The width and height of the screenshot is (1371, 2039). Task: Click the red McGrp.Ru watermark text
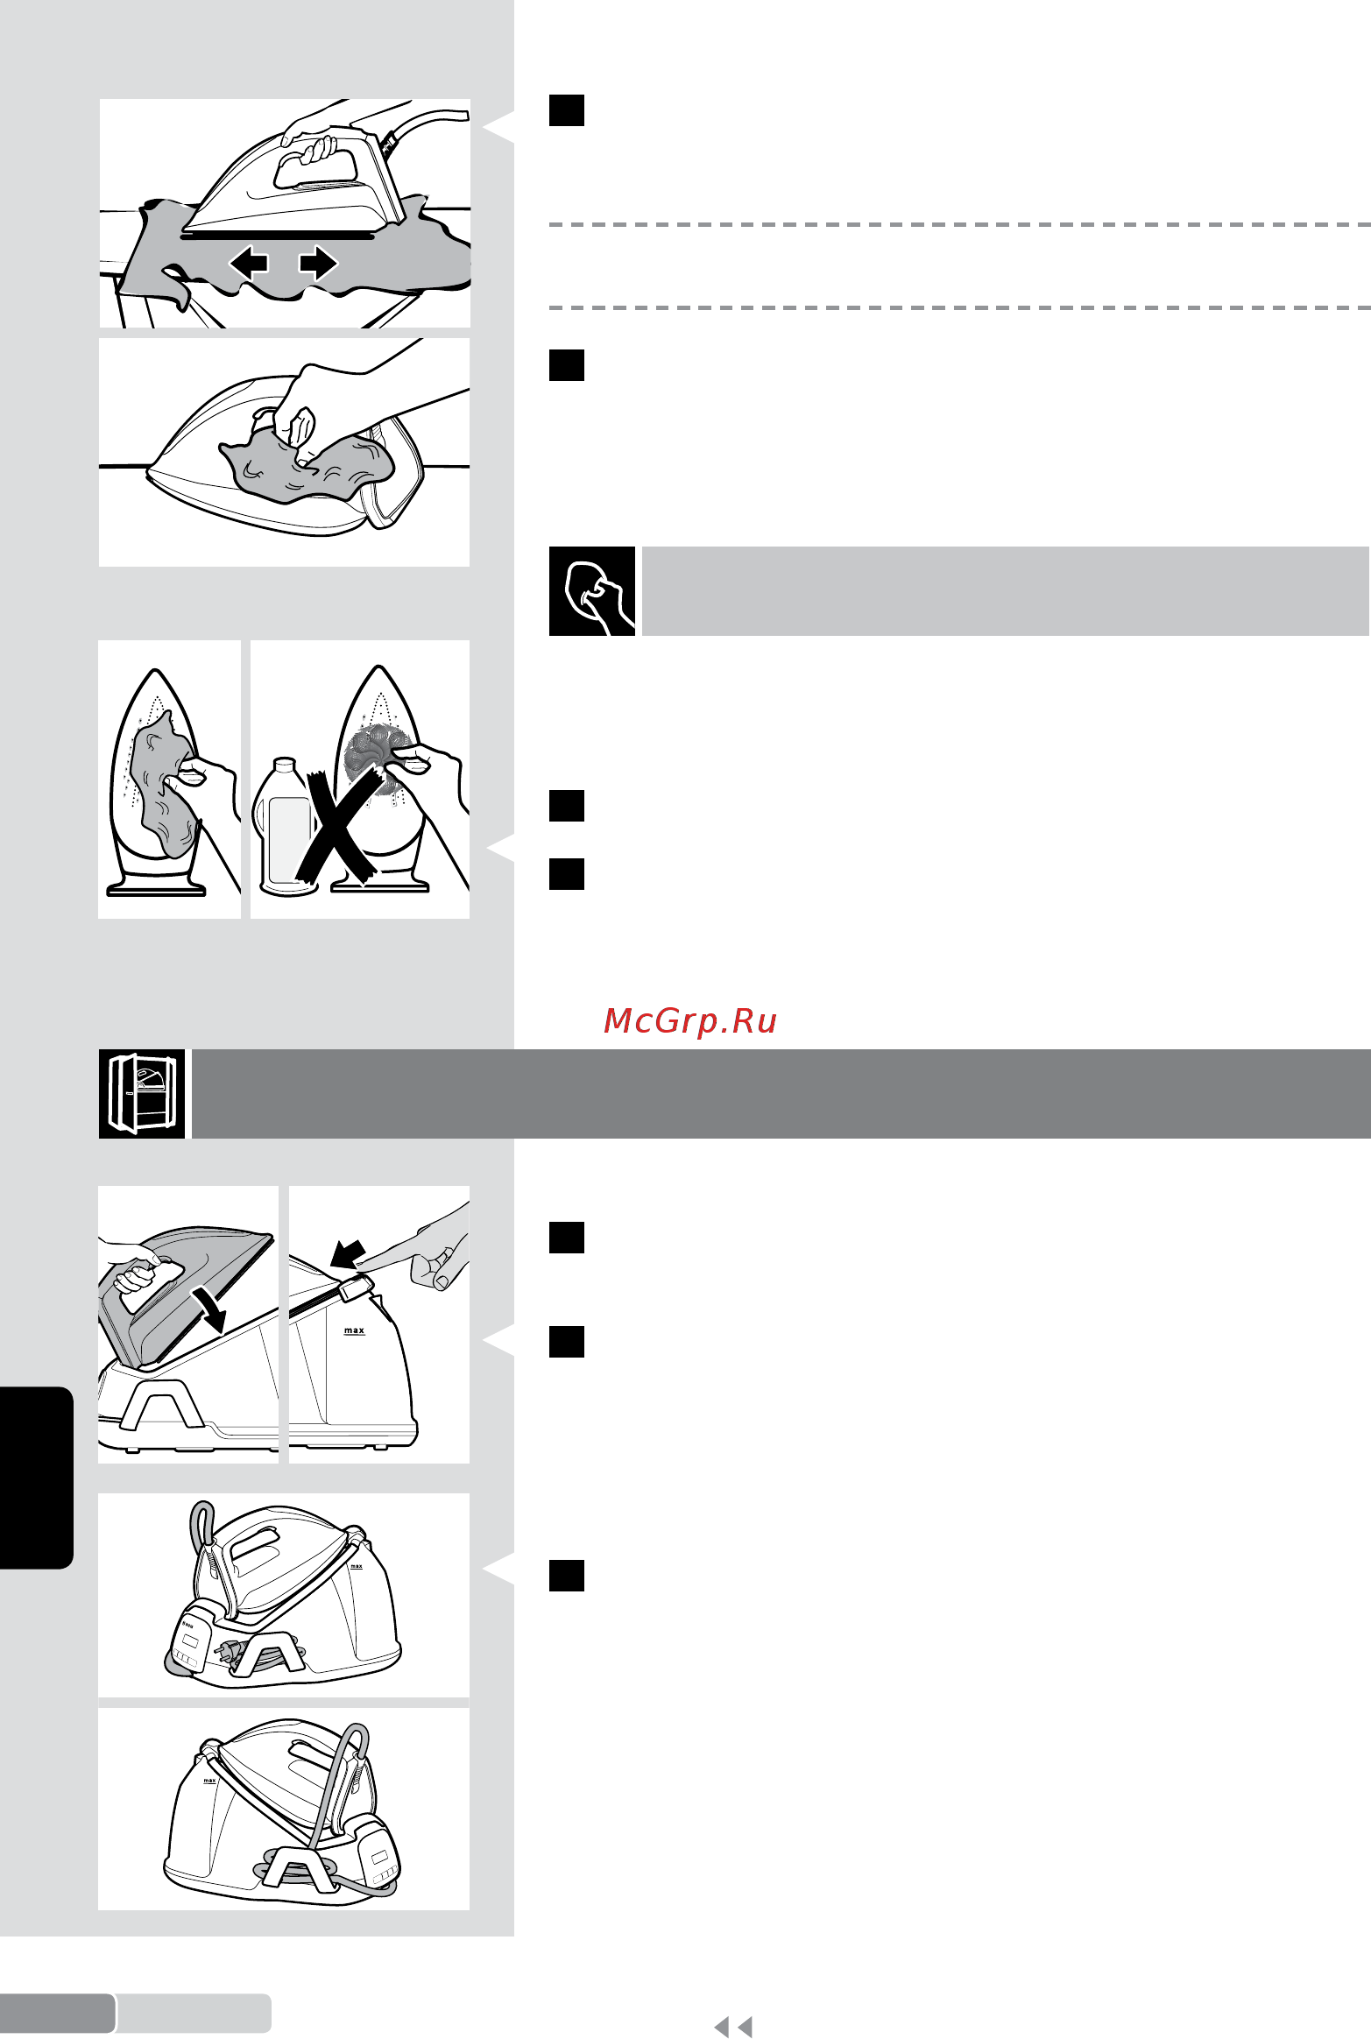click(690, 1021)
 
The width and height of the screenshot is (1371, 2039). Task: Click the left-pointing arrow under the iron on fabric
click(248, 262)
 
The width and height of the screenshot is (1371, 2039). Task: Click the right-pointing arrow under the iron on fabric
click(318, 262)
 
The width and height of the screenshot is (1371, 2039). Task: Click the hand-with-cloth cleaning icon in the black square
click(592, 591)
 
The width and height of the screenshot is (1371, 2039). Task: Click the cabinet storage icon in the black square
click(142, 1094)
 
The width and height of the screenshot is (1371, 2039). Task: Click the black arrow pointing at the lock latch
click(349, 1253)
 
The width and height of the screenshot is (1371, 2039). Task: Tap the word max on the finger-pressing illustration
click(354, 1330)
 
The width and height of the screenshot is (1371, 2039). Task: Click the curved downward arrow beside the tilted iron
click(211, 1308)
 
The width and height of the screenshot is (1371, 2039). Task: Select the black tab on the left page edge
click(36, 1478)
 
